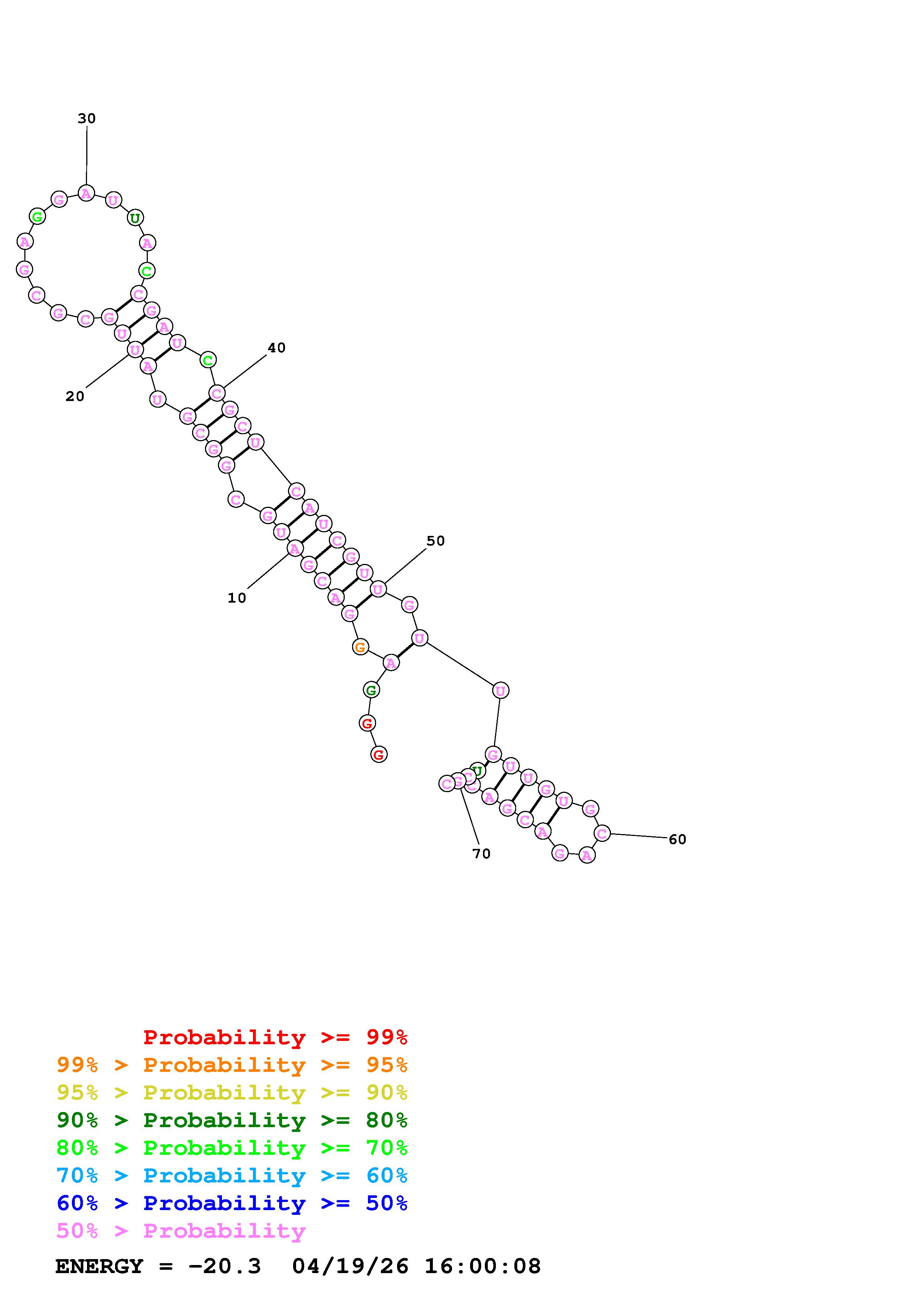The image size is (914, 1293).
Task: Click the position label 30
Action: pos(87,118)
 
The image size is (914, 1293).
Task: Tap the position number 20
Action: pos(75,397)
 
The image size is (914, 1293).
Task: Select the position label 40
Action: pos(277,348)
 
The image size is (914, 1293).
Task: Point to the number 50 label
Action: pos(435,541)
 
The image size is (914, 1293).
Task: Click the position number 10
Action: pos(237,598)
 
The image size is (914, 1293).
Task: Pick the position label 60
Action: pos(677,840)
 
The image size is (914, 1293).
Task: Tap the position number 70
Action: pos(482,854)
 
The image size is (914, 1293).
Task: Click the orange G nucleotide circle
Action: pos(360,647)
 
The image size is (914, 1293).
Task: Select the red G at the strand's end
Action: pos(379,754)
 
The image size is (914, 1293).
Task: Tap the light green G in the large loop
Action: pos(37,216)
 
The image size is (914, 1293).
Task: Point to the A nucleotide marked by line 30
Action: pos(86,193)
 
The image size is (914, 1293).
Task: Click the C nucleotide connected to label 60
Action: pos(602,833)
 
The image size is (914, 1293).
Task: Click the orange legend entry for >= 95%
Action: pos(232,1065)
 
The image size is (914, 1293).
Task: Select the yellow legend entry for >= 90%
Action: pos(232,1092)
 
